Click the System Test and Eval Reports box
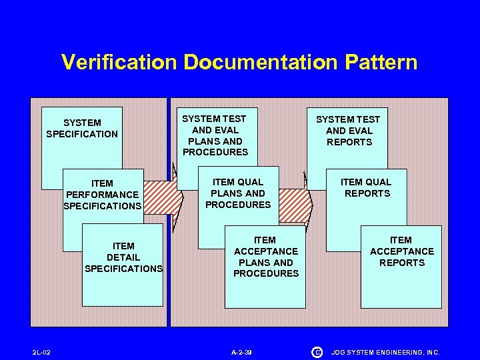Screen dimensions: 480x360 (348, 131)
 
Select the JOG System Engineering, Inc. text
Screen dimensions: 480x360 (386, 351)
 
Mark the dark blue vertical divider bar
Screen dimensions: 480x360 (169, 267)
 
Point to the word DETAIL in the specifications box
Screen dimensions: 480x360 (123, 257)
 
